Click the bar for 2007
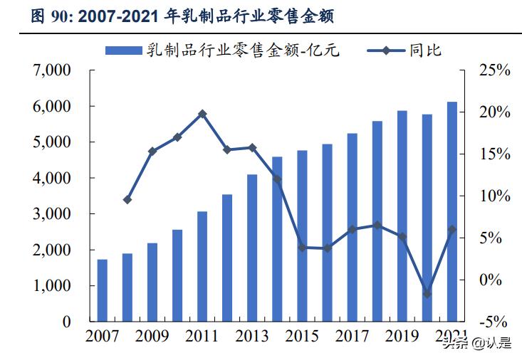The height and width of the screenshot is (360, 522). [x=103, y=290]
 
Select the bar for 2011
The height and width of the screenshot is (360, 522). [x=202, y=266]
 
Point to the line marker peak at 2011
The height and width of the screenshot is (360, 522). [x=202, y=114]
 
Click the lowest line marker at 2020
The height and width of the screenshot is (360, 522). [x=427, y=293]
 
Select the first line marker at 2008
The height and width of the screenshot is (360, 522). [x=127, y=200]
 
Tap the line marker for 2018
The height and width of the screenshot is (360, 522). [x=377, y=226]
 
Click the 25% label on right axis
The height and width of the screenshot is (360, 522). [x=494, y=70]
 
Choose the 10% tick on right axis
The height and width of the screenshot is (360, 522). [x=494, y=196]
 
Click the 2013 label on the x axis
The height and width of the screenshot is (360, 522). [x=252, y=335]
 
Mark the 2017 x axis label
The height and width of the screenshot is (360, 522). [x=352, y=335]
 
